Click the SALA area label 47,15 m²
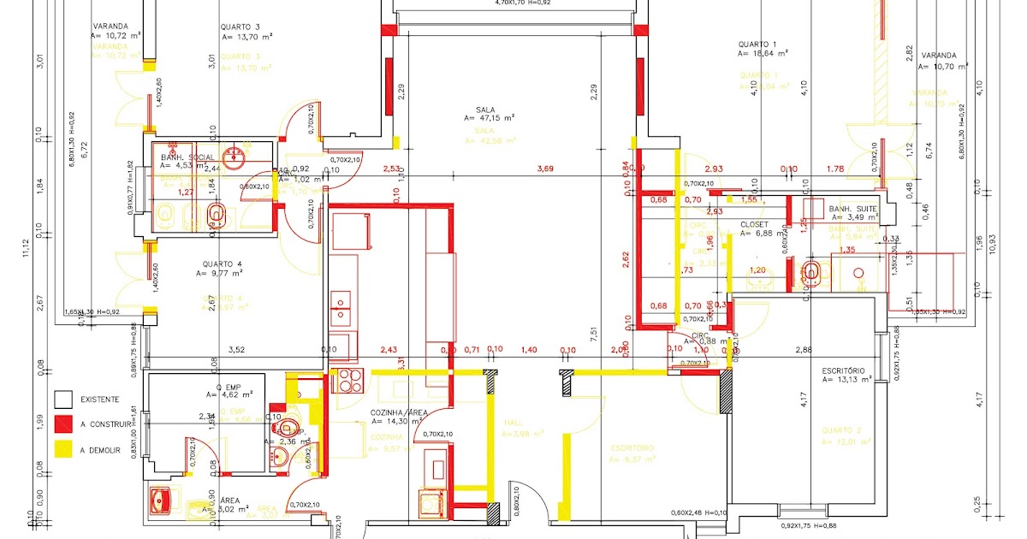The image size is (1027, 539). [x=489, y=118]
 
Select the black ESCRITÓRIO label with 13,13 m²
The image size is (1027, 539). [x=846, y=370]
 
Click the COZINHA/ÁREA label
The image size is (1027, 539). [x=399, y=412]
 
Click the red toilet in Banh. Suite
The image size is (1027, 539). [x=813, y=272]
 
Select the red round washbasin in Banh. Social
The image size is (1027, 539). [x=234, y=157]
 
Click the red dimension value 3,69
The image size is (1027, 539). [x=545, y=169]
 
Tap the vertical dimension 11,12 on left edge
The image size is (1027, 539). [x=26, y=248]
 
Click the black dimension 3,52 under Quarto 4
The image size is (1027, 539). [x=237, y=349]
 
